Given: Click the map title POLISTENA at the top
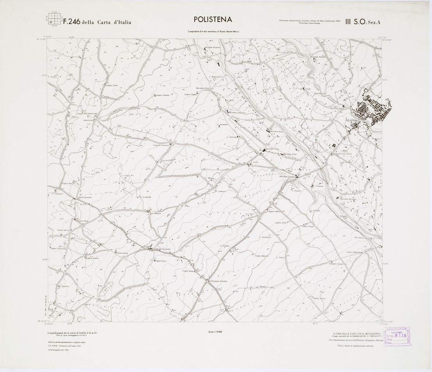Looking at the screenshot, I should pos(213,20).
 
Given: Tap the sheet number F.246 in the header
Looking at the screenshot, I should pos(71,22).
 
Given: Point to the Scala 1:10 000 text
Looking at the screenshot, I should pos(215,331).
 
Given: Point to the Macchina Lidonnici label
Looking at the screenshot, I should pos(238,113).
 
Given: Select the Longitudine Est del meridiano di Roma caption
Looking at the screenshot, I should pos(213,32).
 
